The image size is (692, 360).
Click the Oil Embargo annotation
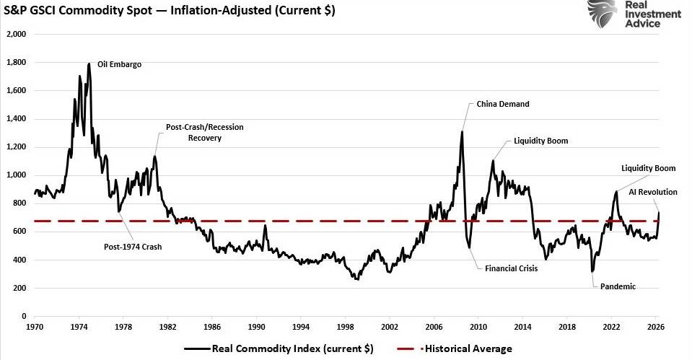click(119, 64)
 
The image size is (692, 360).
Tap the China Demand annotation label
click(503, 104)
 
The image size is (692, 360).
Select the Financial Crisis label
click(511, 268)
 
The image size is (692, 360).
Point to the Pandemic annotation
click(618, 286)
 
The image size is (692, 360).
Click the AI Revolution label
click(653, 192)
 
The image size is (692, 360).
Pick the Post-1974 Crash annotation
click(133, 247)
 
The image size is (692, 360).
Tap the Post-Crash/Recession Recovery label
click(205, 132)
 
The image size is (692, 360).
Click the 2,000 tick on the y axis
click(17, 34)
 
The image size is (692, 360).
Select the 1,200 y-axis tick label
click(17, 147)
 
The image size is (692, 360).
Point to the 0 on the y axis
click(24, 316)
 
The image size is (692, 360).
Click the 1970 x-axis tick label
click(35, 327)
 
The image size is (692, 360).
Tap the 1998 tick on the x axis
click(345, 327)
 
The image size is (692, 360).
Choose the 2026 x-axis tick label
click(656, 327)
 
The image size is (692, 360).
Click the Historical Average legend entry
click(455, 349)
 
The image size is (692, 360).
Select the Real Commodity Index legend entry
click(279, 349)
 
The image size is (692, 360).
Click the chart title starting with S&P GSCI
click(170, 10)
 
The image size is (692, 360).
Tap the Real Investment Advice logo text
click(653, 14)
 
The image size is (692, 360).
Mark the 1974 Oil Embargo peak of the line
click(89, 63)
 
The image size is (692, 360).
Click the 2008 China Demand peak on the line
click(462, 131)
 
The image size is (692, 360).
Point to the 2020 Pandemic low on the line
click(592, 271)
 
